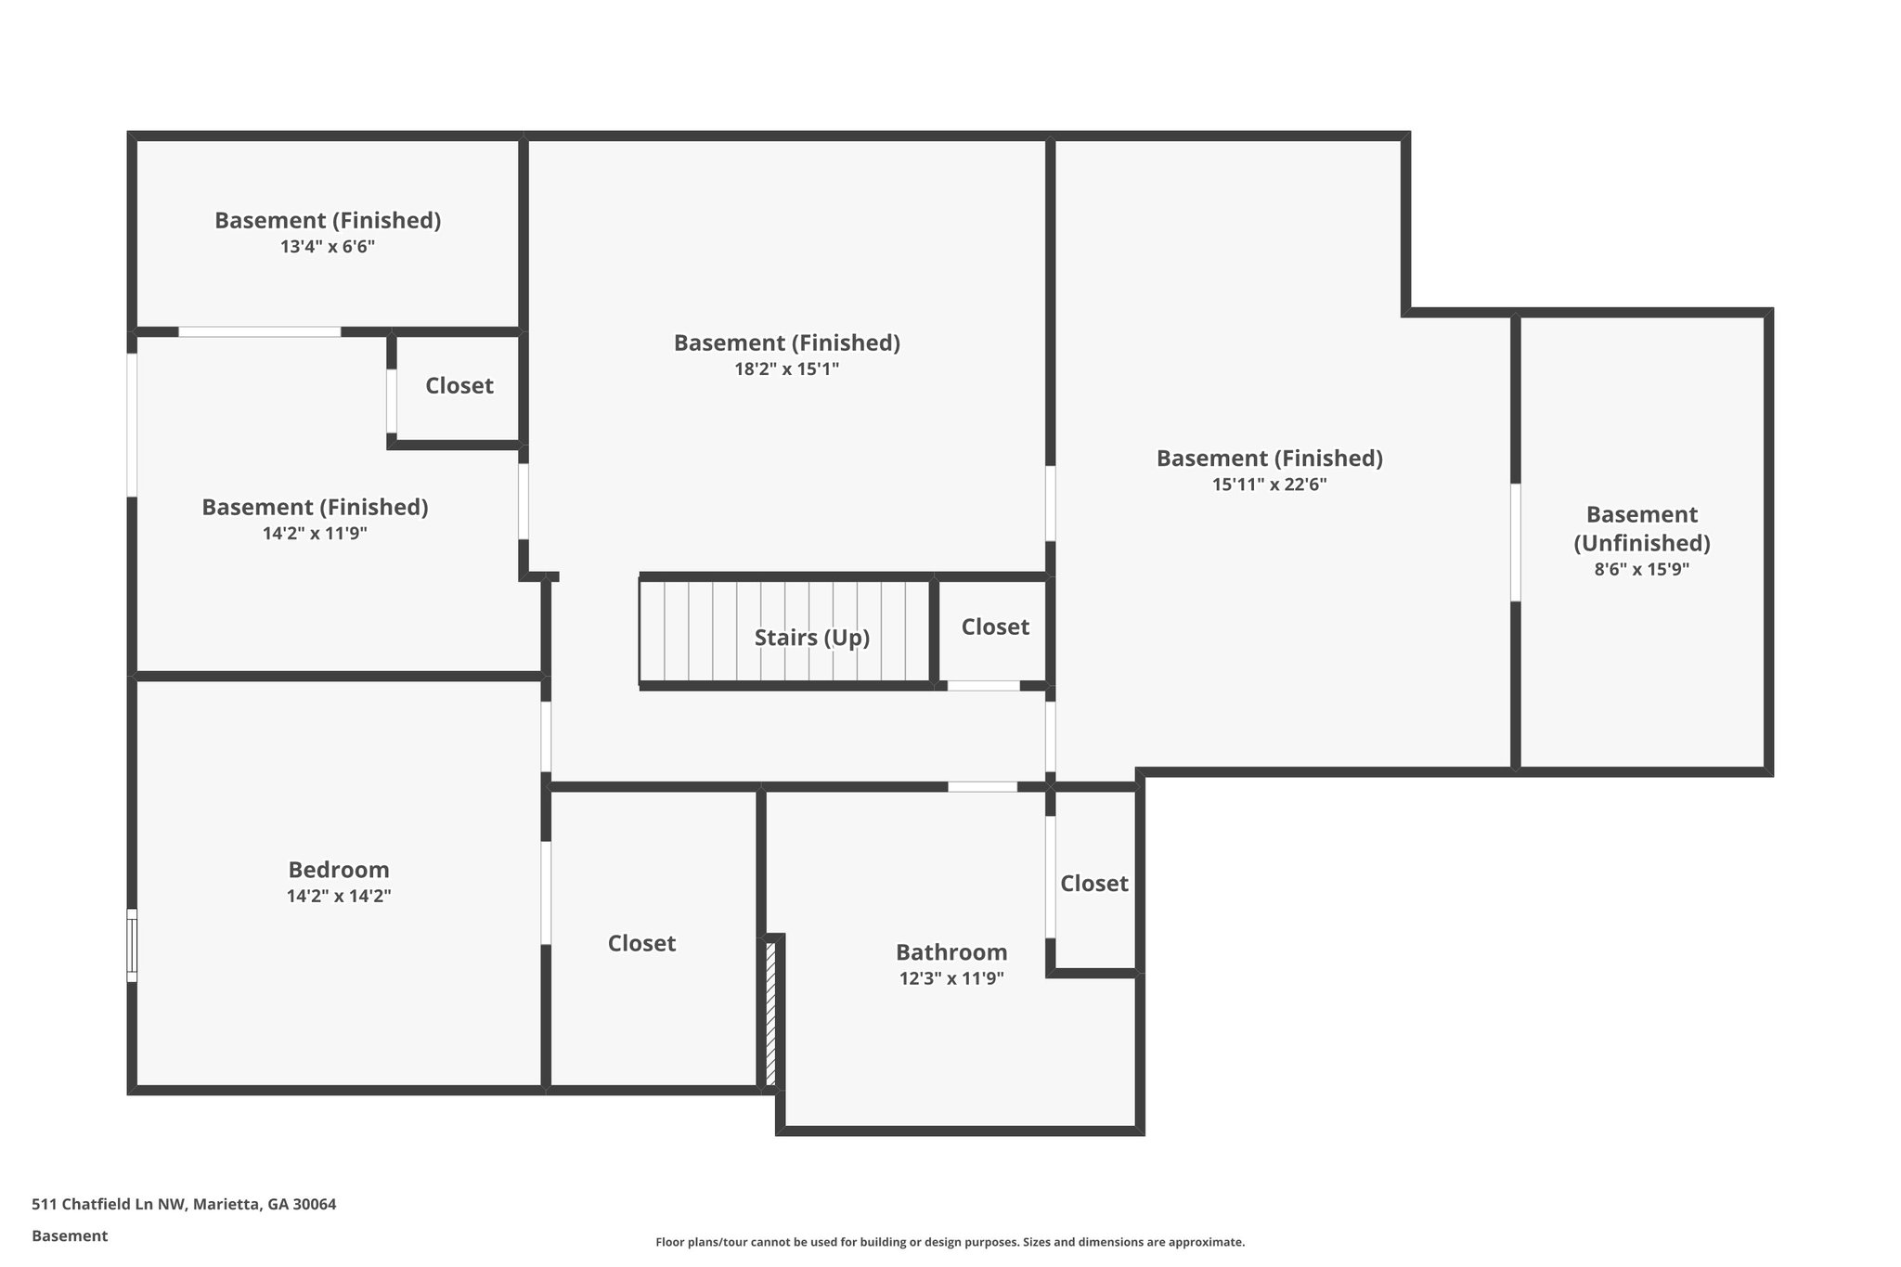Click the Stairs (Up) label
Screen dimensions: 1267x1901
coord(811,638)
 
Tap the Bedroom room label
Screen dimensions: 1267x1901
coord(338,870)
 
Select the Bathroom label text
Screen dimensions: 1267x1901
coord(950,952)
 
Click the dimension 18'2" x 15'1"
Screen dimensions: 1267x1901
coord(786,369)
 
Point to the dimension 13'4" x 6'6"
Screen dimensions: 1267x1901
coord(327,247)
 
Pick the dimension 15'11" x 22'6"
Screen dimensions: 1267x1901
coord(1269,485)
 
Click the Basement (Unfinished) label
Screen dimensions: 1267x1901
coord(1641,528)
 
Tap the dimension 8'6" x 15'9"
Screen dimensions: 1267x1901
coord(1641,570)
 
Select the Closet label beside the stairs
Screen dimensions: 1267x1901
coord(994,627)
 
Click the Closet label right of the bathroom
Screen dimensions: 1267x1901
coord(1093,884)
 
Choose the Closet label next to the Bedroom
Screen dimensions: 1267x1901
coord(641,944)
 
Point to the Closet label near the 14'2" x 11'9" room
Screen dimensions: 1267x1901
coord(459,386)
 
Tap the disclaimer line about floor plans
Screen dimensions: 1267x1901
coord(950,1242)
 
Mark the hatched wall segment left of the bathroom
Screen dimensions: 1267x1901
coord(770,1013)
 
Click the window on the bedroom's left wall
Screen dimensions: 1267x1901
coord(132,945)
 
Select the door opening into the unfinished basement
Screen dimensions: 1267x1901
coord(1515,543)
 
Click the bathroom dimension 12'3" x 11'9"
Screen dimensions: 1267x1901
coord(950,978)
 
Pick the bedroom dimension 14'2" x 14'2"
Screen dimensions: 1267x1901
coord(338,897)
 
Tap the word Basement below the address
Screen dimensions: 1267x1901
coord(70,1236)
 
